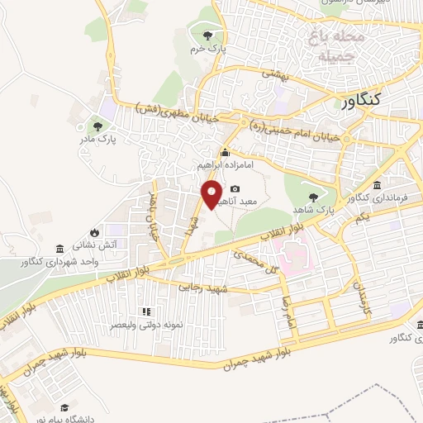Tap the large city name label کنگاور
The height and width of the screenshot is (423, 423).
click(361, 99)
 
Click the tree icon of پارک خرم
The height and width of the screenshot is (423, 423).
click(207, 35)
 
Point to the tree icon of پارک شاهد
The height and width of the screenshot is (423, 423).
click(313, 197)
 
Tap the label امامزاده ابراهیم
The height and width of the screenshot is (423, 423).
click(226, 165)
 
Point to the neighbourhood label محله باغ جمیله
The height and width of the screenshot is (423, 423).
click(337, 46)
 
